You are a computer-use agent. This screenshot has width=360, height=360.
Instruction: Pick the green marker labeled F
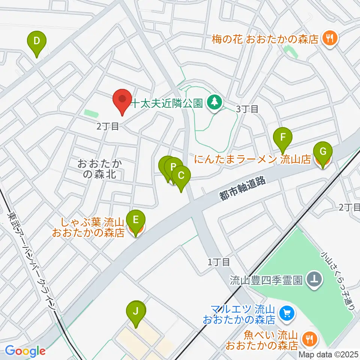[283, 139]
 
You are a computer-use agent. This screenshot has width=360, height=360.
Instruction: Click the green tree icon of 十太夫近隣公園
[214, 101]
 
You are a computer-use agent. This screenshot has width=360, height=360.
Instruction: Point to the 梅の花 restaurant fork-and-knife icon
[330, 37]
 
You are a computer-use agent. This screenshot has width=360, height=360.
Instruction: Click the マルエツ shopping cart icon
[288, 312]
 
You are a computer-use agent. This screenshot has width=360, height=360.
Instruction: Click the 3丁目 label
[247, 109]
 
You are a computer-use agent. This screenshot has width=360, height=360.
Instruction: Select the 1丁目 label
[219, 262]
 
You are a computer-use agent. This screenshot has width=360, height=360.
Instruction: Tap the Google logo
[25, 351]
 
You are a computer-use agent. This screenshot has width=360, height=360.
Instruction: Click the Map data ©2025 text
[329, 354]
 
